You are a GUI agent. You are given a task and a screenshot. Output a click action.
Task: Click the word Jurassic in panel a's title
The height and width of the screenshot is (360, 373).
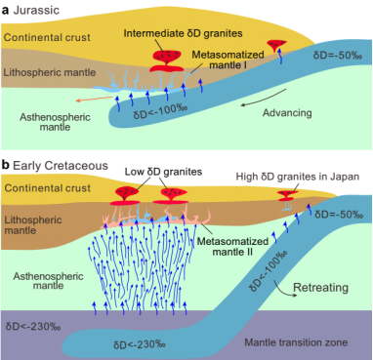(x=36, y=10)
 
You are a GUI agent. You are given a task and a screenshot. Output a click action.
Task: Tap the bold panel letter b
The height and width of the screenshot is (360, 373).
(x=5, y=165)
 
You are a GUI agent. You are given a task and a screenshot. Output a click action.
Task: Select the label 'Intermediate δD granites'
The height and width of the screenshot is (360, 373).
(x=183, y=33)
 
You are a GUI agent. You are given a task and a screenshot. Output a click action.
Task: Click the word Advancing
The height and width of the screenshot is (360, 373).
(x=287, y=113)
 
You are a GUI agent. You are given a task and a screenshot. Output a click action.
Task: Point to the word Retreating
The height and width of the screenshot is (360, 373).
(x=320, y=288)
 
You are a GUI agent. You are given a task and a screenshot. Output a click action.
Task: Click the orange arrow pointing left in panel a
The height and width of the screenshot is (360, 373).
(x=94, y=99)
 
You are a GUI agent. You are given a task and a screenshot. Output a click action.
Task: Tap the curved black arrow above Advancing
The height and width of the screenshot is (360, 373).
(x=264, y=100)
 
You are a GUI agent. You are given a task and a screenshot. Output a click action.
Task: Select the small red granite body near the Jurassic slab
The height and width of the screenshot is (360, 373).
(x=276, y=45)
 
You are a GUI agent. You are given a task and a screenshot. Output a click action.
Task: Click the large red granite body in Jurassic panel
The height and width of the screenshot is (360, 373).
(x=167, y=60)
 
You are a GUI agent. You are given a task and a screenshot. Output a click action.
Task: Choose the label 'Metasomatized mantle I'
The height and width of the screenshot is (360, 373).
(x=228, y=60)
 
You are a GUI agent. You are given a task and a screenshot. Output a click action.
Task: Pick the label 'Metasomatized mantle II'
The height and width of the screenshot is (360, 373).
(x=232, y=246)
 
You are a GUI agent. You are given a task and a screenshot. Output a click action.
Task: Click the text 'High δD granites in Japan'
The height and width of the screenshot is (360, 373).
(x=298, y=177)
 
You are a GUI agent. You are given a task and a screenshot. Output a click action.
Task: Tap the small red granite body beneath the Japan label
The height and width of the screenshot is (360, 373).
(x=287, y=196)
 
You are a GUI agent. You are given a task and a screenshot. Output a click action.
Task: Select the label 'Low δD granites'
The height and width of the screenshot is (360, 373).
(x=163, y=172)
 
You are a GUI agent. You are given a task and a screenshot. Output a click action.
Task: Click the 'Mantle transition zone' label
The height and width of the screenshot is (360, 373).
(x=296, y=342)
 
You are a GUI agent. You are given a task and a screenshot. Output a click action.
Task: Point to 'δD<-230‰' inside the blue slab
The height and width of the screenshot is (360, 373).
(x=140, y=344)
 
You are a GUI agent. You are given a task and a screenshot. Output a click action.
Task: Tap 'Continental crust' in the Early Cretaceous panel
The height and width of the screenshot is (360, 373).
(x=48, y=188)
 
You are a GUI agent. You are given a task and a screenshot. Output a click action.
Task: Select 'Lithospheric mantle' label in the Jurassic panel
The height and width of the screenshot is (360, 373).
(x=50, y=72)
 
